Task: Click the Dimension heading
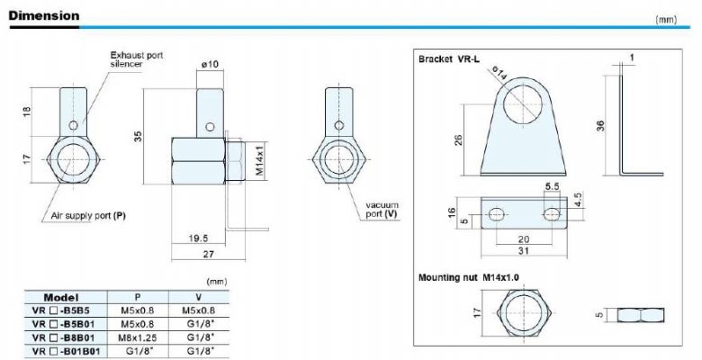tap(44, 15)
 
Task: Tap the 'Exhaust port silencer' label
tap(137, 59)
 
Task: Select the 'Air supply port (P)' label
tap(88, 216)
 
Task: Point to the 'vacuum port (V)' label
tap(382, 210)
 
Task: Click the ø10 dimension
tap(210, 65)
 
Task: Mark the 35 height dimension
tap(139, 136)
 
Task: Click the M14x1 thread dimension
tap(258, 160)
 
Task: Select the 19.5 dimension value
tap(198, 238)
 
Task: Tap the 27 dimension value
tap(209, 255)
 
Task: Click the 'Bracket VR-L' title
tap(448, 59)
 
